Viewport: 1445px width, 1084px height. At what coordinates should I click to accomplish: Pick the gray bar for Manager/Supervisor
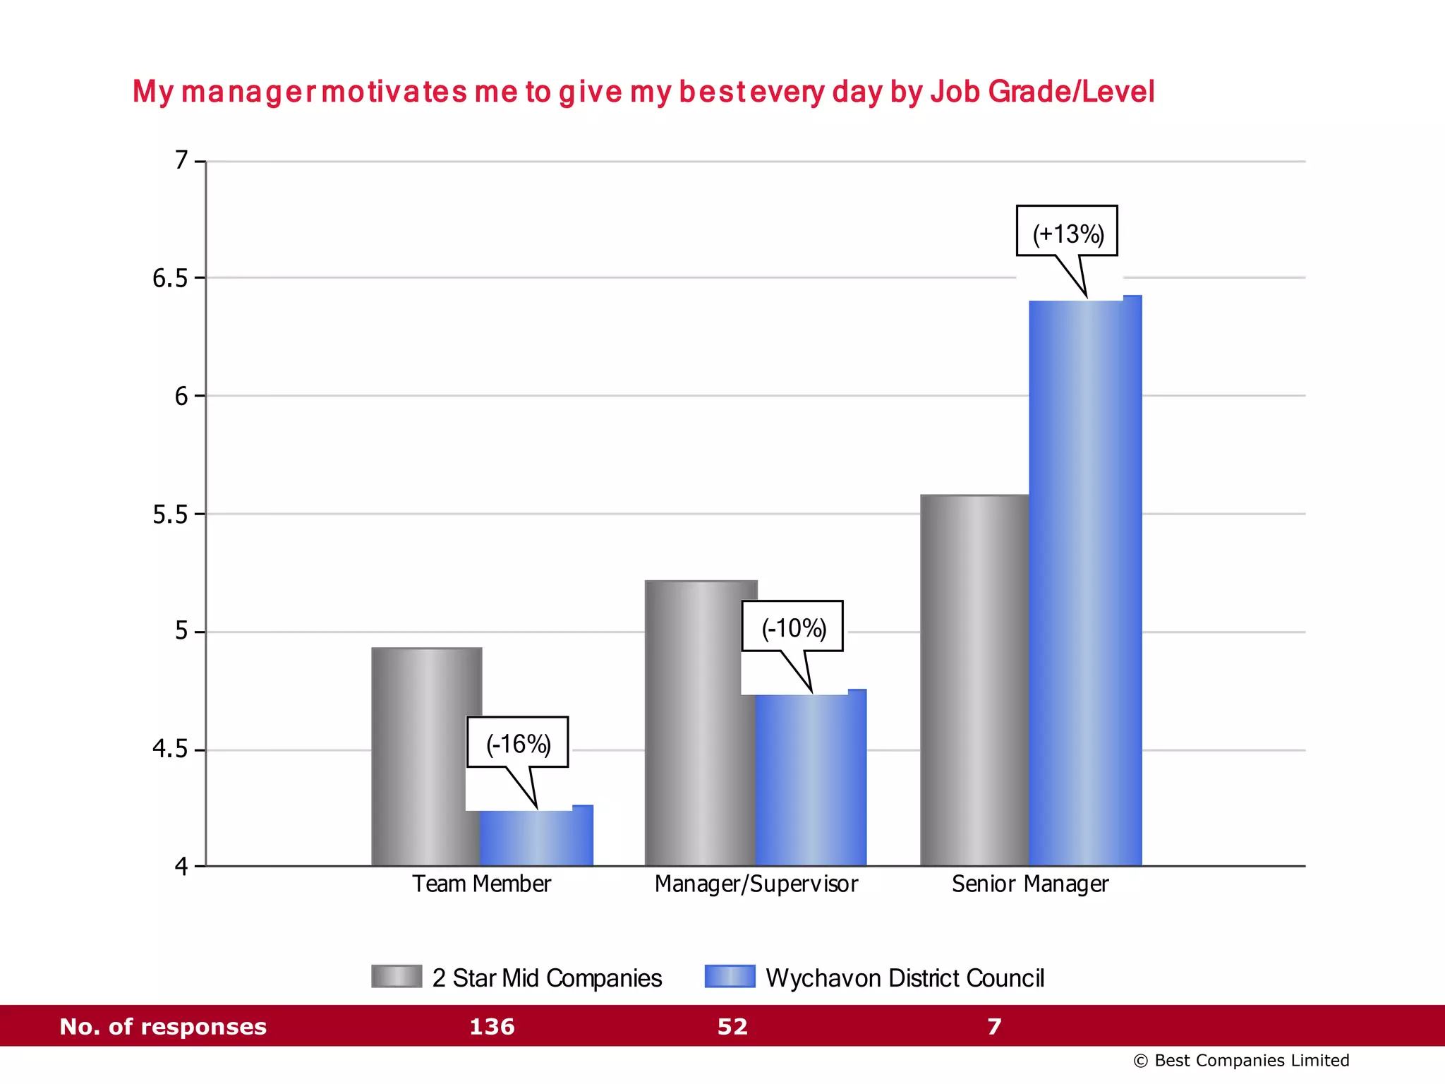(x=700, y=723)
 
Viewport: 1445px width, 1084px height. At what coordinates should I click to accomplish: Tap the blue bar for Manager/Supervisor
(x=810, y=780)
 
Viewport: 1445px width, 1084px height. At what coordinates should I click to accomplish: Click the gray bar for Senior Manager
(x=974, y=680)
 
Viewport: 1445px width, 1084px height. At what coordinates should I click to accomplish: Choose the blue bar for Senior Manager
(x=1084, y=583)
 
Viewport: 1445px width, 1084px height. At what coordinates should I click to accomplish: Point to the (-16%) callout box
(x=517, y=742)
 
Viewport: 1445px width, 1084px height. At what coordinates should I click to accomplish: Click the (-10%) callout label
(x=792, y=627)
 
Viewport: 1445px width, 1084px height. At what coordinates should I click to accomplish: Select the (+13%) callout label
(x=1067, y=231)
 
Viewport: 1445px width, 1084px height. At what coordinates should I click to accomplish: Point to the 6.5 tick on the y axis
(x=170, y=279)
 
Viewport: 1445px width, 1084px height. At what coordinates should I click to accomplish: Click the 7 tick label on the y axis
(x=181, y=161)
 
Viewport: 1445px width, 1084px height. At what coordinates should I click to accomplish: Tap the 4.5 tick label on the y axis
(x=170, y=749)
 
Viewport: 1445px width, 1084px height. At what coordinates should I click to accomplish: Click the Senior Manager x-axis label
(x=1029, y=884)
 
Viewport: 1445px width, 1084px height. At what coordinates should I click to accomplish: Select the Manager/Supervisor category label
(x=756, y=884)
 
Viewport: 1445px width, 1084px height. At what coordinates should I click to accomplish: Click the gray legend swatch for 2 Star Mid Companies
(x=397, y=976)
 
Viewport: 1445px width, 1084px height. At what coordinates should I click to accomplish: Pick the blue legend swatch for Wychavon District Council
(x=730, y=976)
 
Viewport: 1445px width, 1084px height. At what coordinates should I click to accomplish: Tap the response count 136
(x=492, y=1026)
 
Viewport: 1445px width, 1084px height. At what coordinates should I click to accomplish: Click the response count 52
(x=732, y=1026)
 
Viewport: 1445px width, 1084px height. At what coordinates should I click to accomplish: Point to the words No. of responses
(x=163, y=1026)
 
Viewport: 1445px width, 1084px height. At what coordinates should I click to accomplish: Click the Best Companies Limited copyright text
(x=1241, y=1061)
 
